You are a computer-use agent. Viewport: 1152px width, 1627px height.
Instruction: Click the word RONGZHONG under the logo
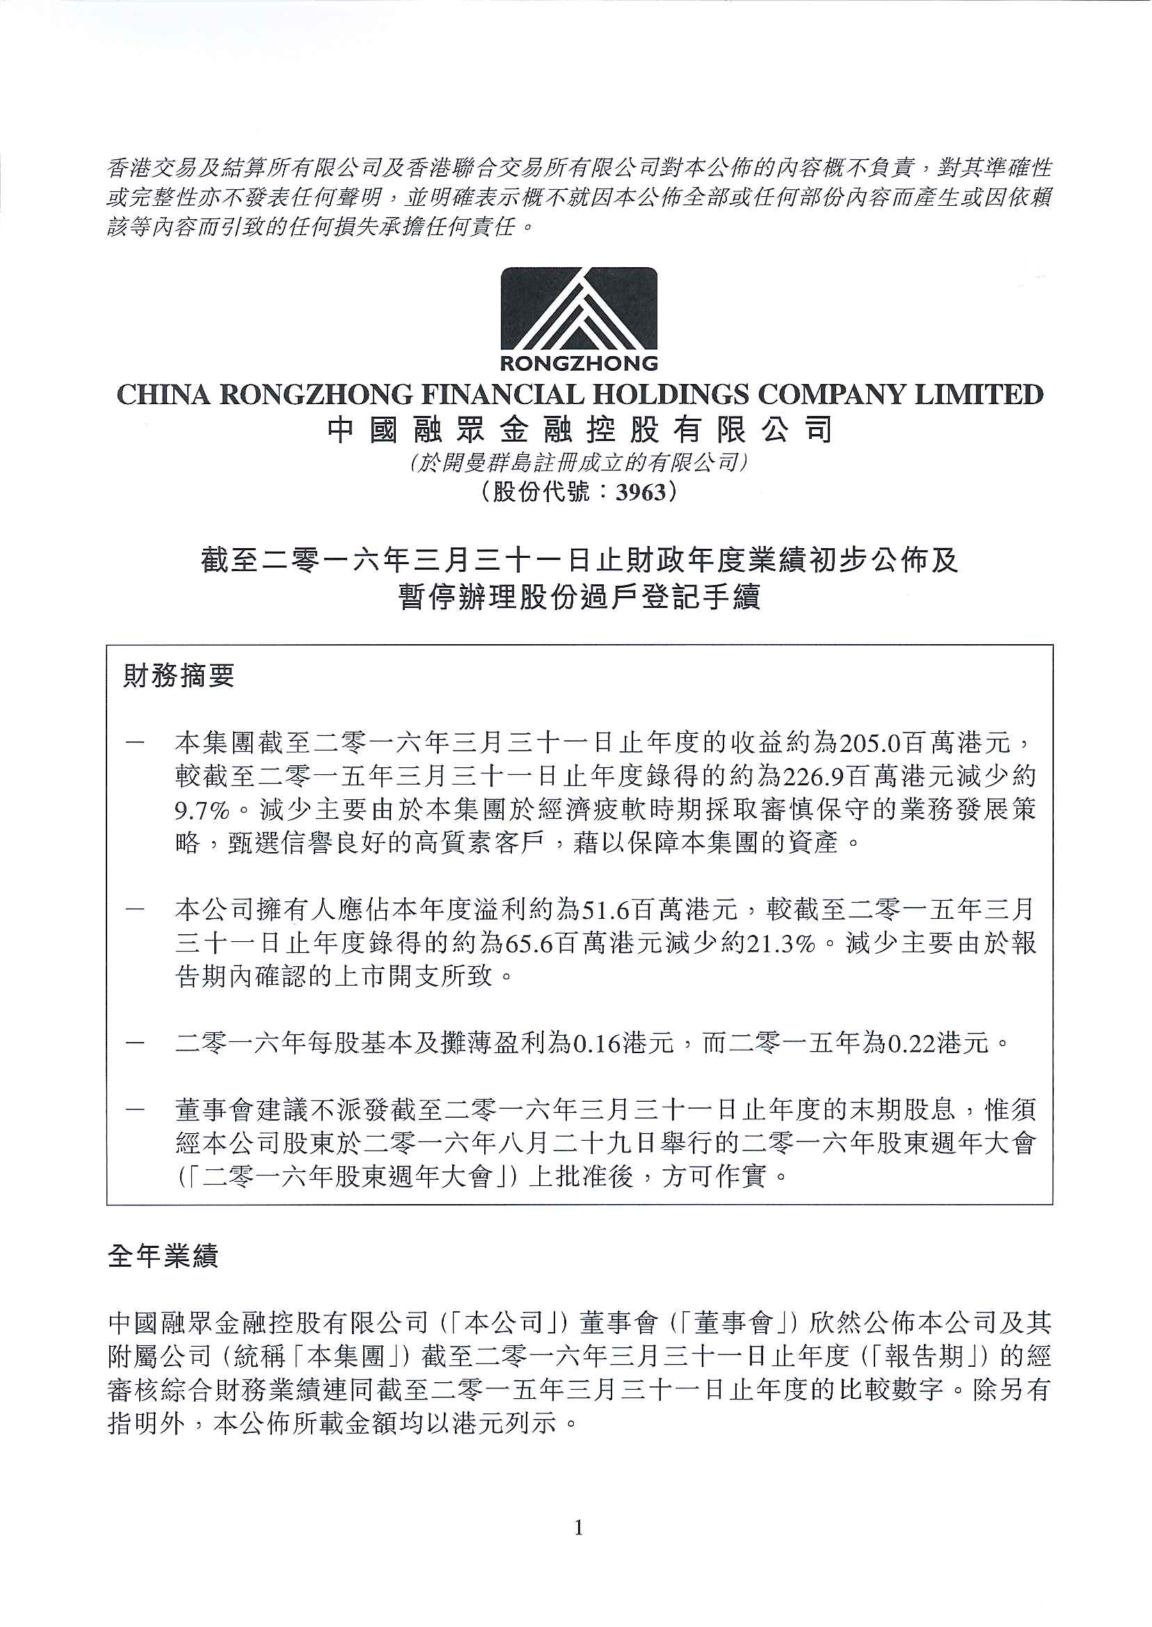pos(579,364)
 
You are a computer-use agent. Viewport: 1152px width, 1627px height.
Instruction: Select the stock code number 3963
pos(641,492)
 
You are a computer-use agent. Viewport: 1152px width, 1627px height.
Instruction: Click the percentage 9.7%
pos(202,809)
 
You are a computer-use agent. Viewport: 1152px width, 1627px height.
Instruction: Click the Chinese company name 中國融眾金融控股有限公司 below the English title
pos(579,431)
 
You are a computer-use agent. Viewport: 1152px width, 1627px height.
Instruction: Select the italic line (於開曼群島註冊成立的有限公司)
pos(579,463)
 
